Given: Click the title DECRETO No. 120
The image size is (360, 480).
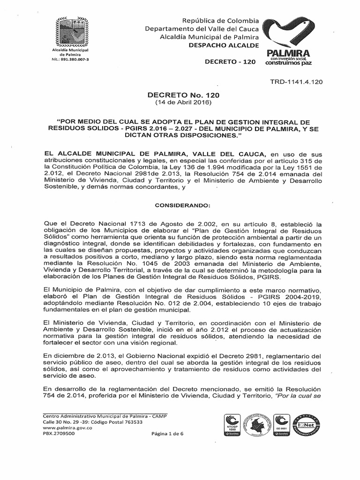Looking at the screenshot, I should pyautogui.click(x=183, y=95).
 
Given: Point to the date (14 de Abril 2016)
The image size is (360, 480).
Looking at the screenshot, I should pyautogui.click(x=183, y=102).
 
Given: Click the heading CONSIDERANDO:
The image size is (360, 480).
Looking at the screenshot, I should pyautogui.click(x=180, y=206).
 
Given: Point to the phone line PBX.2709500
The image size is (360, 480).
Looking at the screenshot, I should pyautogui.click(x=59, y=434).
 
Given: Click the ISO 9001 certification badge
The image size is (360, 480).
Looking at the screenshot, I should pyautogui.click(x=281, y=424).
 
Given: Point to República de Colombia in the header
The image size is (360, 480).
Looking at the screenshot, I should pyautogui.click(x=221, y=21).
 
